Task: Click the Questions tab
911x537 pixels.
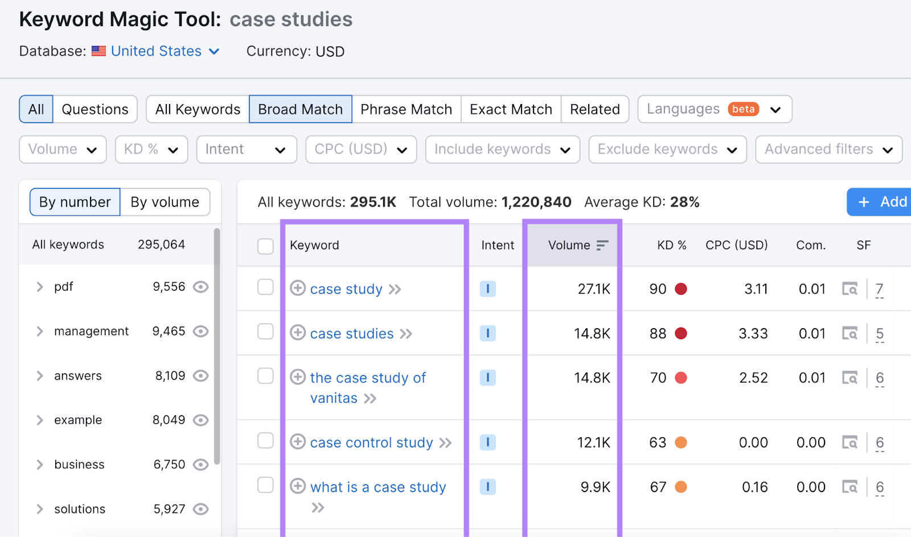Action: (x=95, y=109)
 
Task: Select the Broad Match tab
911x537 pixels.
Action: (x=300, y=109)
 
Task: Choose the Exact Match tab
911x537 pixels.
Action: (x=511, y=109)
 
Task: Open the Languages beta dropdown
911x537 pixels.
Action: (x=714, y=109)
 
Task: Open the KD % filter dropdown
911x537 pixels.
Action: (x=151, y=150)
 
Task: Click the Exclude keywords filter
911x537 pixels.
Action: (x=667, y=150)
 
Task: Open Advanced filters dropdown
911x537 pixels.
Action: (x=828, y=150)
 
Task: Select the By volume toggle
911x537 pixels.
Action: (x=165, y=202)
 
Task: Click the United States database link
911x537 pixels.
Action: (x=157, y=51)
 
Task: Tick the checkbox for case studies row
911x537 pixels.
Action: (x=265, y=332)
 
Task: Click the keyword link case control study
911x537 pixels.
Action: (x=371, y=443)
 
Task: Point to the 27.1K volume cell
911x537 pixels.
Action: (x=593, y=289)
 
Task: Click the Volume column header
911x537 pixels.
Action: (x=569, y=245)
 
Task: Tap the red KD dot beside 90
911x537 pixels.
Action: (x=680, y=289)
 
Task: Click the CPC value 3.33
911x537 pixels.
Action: (x=753, y=333)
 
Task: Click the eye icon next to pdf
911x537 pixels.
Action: (x=200, y=287)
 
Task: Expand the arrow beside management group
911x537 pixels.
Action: (x=40, y=331)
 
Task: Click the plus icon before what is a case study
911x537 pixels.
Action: (x=298, y=486)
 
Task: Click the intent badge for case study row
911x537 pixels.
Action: (x=487, y=289)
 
